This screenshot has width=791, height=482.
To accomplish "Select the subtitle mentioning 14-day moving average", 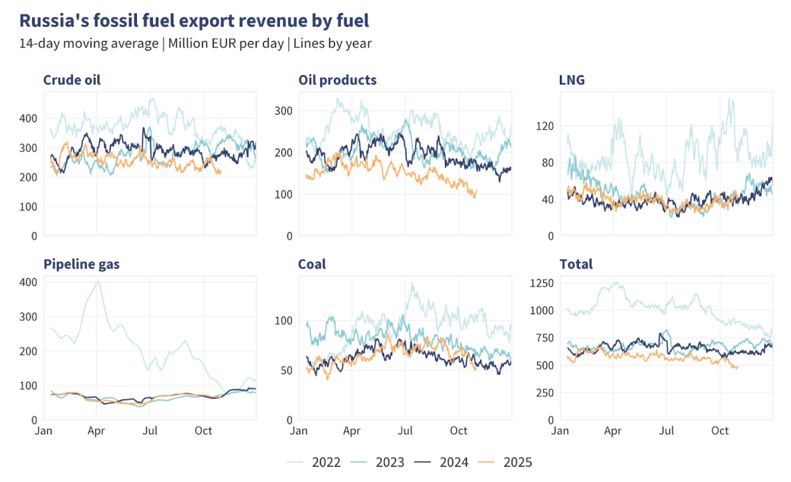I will pyautogui.click(x=195, y=43).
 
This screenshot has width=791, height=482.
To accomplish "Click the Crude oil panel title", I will pyautogui.click(x=71, y=80).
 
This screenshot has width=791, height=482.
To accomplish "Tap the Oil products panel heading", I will pyautogui.click(x=337, y=80).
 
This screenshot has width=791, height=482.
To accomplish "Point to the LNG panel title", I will pyautogui.click(x=571, y=80).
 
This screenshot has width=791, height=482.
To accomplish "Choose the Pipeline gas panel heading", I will pyautogui.click(x=81, y=265).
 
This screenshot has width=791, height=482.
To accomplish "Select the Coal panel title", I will pyautogui.click(x=312, y=265).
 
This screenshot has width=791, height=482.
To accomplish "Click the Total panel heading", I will pyautogui.click(x=576, y=265).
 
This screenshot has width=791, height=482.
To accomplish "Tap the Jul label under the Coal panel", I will pyautogui.click(x=405, y=431).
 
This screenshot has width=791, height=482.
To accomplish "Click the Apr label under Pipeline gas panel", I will pyautogui.click(x=96, y=431).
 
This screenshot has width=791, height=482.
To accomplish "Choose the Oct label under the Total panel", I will pyautogui.click(x=720, y=431).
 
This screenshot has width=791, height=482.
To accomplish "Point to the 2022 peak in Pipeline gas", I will pyautogui.click(x=97, y=282).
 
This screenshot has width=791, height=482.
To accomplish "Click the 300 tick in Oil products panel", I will pyautogui.click(x=282, y=111).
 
